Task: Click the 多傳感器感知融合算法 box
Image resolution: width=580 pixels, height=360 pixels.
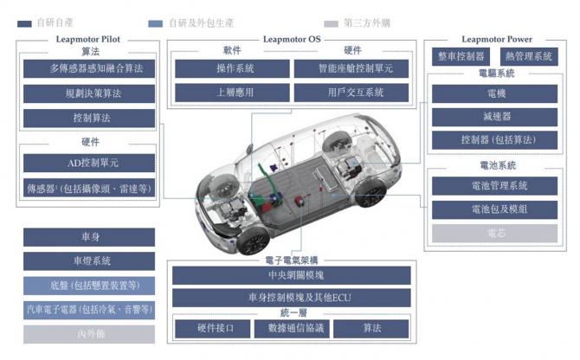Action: [89, 68]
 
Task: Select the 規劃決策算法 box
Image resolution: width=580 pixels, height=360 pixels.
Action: [89, 93]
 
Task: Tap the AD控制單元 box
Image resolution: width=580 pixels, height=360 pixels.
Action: [89, 163]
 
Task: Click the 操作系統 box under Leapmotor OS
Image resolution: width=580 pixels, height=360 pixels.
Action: [229, 67]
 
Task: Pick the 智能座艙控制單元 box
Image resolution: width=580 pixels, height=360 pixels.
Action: [351, 67]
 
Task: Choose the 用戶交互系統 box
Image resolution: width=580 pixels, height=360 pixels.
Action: [351, 92]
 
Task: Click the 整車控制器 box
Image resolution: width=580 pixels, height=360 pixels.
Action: [460, 57]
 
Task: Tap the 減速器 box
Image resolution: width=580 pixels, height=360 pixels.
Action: [496, 116]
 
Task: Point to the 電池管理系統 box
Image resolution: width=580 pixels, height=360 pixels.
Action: [496, 185]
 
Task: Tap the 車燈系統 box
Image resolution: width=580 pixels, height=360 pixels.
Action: [89, 260]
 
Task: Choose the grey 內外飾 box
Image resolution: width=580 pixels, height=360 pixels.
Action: [89, 333]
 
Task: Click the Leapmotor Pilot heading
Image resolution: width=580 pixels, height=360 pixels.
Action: [89, 39]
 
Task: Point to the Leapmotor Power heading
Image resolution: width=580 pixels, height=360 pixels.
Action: [496, 39]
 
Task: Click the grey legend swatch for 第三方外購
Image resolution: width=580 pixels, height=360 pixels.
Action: [331, 23]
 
